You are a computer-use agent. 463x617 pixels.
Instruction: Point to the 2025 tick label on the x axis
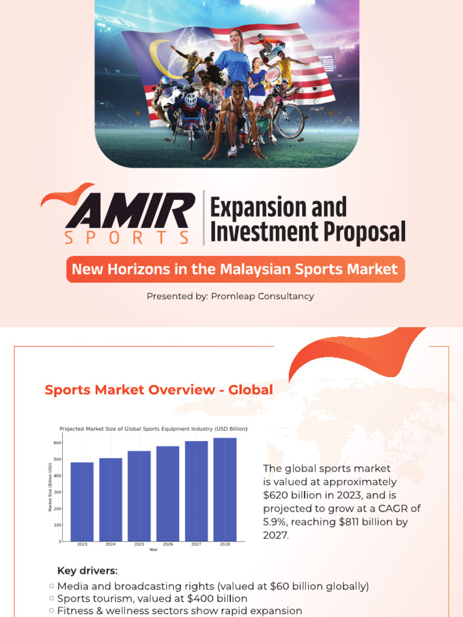click(x=139, y=544)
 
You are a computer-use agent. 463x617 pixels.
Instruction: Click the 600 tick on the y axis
click(x=58, y=443)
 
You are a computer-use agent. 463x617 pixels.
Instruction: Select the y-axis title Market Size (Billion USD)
click(x=51, y=487)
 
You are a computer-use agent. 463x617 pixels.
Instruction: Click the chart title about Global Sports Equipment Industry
click(x=153, y=428)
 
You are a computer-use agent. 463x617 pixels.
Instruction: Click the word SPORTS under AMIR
click(x=127, y=237)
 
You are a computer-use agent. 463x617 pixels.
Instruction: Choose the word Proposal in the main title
click(x=361, y=231)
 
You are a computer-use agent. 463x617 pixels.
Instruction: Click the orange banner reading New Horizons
click(x=235, y=269)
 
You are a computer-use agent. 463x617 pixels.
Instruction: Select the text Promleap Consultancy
click(x=263, y=296)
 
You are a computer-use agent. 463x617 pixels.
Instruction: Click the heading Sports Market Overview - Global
click(x=159, y=390)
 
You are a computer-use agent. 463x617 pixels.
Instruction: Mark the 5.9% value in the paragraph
click(x=276, y=521)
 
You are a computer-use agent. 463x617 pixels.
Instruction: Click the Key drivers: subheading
click(x=87, y=571)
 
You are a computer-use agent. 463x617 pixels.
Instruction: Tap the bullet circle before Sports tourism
click(x=51, y=598)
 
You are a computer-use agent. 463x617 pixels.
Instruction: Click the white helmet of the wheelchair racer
click(x=190, y=99)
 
